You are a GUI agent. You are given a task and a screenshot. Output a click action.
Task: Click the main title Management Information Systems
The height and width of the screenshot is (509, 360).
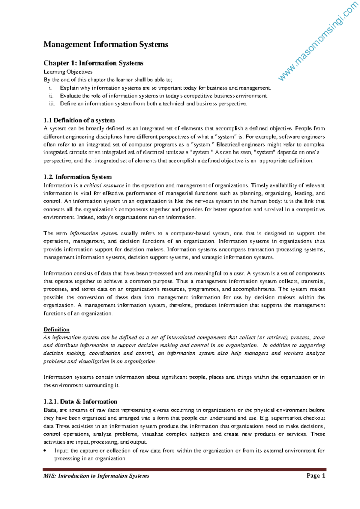pyautogui.click(x=106, y=45)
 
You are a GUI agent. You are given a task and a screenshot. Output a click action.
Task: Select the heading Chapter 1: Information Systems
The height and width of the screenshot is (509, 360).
pyautogui.click(x=93, y=63)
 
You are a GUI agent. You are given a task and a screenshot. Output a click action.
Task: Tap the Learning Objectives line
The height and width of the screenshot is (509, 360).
pyautogui.click(x=68, y=72)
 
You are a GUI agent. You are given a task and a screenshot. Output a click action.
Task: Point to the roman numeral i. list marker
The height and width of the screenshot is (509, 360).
pyautogui.click(x=50, y=88)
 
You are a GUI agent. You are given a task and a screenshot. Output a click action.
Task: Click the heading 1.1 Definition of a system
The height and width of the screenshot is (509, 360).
pyautogui.click(x=79, y=120)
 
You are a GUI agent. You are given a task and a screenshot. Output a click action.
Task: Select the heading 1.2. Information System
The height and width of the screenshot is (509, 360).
pyautogui.click(x=77, y=177)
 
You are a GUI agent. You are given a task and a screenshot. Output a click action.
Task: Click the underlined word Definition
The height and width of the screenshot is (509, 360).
pyautogui.click(x=56, y=330)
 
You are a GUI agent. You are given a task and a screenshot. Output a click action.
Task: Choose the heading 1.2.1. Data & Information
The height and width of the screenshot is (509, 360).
pyautogui.click(x=80, y=402)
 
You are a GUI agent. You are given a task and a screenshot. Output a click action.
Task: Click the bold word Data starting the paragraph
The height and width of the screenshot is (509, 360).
pyautogui.click(x=50, y=410)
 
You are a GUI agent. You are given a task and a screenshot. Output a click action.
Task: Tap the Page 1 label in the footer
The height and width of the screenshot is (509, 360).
pyautogui.click(x=316, y=476)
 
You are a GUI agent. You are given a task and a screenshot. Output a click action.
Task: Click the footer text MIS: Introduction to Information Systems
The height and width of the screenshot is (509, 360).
pyautogui.click(x=96, y=476)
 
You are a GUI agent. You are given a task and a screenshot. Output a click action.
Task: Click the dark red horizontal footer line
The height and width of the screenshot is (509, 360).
pyautogui.click(x=184, y=469)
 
